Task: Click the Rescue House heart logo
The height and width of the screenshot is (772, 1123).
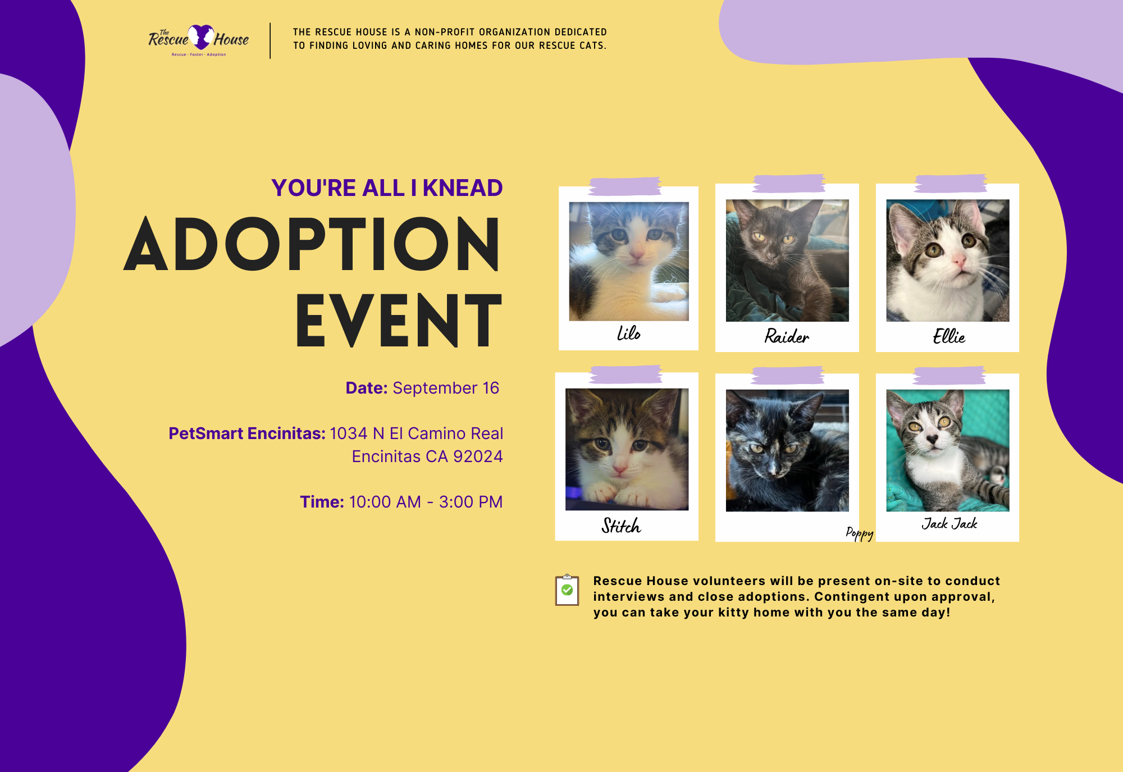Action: [x=200, y=37]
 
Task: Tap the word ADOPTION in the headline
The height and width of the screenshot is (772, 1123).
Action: [x=312, y=244]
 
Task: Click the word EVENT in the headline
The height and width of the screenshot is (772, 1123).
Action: [x=399, y=320]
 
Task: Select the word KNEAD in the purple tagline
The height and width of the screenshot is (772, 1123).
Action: [x=463, y=188]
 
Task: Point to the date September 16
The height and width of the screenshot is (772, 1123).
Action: [x=446, y=388]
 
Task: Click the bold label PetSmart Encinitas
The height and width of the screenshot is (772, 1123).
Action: [x=247, y=433]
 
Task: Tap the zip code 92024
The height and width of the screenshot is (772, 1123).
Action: [x=478, y=456]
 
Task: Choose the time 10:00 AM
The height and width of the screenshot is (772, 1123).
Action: [x=385, y=502]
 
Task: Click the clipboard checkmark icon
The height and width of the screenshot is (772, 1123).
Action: [x=567, y=590]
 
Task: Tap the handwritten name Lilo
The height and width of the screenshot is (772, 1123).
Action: [x=628, y=333]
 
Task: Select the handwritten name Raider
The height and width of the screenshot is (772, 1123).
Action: [x=787, y=336]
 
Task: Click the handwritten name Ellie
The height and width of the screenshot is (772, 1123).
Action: [x=949, y=336]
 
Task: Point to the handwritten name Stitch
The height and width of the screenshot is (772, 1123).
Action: [x=621, y=526]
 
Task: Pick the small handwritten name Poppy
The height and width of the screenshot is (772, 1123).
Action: [x=860, y=533]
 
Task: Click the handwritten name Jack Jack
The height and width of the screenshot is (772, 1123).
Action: [x=949, y=523]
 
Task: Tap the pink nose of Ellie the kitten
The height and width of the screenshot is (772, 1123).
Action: [x=958, y=261]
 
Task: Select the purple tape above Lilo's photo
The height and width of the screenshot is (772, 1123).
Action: [x=625, y=186]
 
